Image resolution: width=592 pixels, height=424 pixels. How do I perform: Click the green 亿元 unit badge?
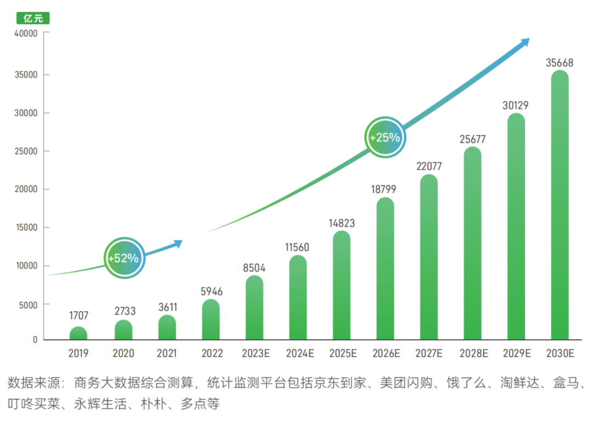[33, 18]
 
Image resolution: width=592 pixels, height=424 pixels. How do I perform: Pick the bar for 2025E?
[341, 285]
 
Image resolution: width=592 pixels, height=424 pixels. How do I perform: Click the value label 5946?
[211, 291]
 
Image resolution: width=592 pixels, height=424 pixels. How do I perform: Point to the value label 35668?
[560, 63]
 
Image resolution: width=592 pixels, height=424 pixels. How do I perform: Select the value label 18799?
[385, 190]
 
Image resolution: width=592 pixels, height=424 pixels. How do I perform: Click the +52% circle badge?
[124, 257]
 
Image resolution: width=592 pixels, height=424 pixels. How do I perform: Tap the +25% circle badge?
[385, 137]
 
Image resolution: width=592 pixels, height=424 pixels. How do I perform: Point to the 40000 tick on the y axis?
[26, 33]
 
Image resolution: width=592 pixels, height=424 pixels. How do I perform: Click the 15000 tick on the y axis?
[26, 228]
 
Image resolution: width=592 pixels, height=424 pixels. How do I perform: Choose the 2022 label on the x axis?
[211, 354]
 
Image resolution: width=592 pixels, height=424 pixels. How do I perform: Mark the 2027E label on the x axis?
[429, 354]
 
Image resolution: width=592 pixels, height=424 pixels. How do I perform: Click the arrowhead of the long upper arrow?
[525, 42]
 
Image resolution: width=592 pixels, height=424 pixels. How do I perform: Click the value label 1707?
[78, 316]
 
